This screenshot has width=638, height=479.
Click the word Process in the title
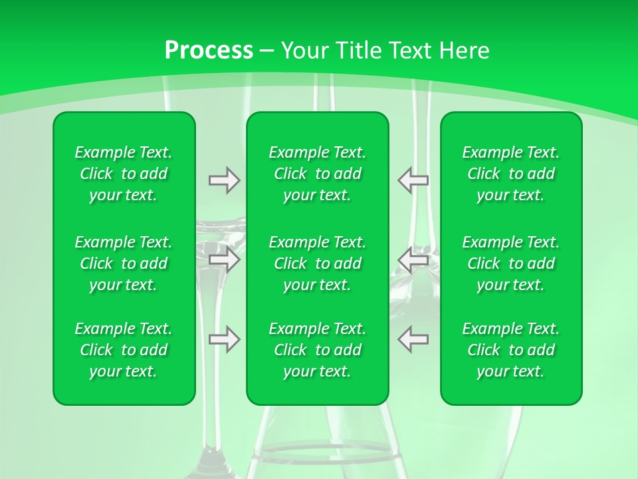(209, 51)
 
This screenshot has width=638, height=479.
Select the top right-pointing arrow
(224, 180)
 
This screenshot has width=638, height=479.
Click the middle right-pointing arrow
(224, 259)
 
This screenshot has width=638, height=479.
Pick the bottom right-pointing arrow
(224, 339)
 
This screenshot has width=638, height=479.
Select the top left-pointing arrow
(413, 180)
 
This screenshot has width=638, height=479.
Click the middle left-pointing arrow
(413, 259)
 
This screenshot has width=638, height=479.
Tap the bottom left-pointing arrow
(413, 339)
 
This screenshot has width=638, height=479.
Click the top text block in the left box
(124, 174)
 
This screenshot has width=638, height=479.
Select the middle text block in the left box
(124, 263)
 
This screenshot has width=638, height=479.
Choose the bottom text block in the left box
(124, 350)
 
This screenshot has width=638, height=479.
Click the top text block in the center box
(317, 174)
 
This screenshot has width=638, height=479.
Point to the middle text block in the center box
(317, 263)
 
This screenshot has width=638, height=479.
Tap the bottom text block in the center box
(317, 350)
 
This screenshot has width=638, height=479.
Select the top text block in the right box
(510, 174)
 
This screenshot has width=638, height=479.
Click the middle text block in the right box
(510, 263)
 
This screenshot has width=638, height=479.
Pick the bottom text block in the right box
(510, 350)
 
